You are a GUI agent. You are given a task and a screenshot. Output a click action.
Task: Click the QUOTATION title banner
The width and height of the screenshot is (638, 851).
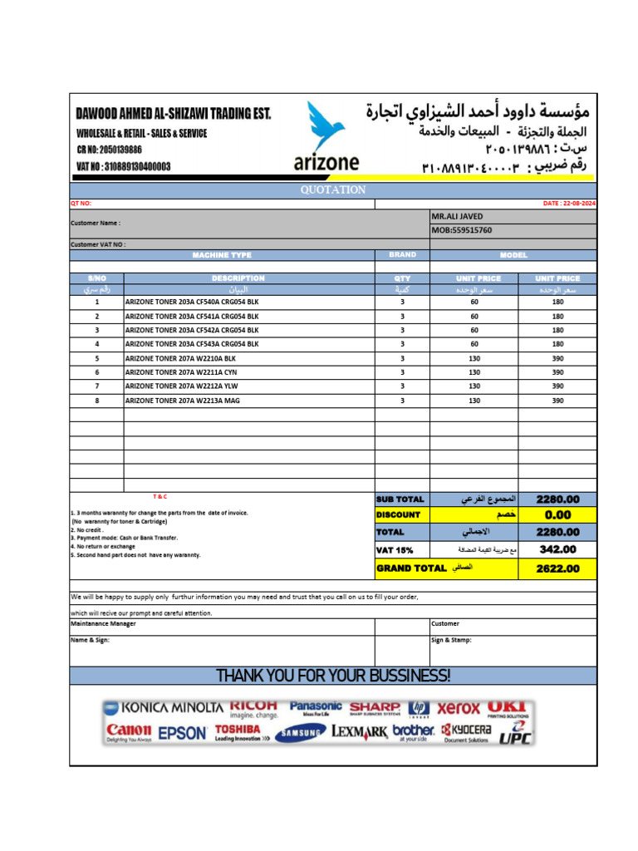tap(332, 189)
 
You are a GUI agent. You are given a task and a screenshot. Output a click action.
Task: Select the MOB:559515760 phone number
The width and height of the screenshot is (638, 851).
tap(462, 230)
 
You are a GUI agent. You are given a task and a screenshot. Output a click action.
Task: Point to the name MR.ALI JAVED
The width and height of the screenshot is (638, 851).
tap(457, 216)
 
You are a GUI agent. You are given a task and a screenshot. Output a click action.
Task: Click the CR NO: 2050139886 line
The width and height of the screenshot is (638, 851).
tap(109, 150)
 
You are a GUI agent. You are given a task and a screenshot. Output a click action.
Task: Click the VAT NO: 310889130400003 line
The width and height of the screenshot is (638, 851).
tap(123, 166)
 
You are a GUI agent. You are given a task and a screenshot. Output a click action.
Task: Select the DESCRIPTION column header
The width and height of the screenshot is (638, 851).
tap(238, 278)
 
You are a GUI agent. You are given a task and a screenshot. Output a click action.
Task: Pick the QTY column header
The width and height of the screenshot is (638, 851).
tap(402, 278)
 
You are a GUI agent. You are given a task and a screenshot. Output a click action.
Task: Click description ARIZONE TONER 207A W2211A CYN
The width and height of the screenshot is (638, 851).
tap(181, 372)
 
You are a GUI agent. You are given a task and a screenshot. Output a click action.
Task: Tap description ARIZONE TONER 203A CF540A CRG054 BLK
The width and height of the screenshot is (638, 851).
tap(192, 303)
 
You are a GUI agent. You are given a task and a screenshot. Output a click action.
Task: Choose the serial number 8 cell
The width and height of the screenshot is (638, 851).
tap(96, 401)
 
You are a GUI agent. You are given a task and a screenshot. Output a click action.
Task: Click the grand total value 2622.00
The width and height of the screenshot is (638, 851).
tap(557, 569)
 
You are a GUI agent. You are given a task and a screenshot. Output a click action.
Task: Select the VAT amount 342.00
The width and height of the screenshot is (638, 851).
tap(557, 549)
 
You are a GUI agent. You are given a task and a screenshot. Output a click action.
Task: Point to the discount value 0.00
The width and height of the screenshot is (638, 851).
tap(557, 515)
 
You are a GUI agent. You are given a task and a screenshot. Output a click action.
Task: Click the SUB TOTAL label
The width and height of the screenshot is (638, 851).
tap(400, 499)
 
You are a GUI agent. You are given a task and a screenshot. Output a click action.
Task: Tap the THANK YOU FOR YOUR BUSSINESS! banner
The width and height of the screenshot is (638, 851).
tap(333, 675)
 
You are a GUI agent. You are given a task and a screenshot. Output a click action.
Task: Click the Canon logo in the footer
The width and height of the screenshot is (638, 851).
tap(129, 731)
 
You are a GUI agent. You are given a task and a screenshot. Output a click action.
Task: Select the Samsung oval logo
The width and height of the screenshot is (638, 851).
tap(301, 733)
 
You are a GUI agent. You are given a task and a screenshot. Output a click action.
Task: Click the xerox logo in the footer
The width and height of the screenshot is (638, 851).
tap(459, 708)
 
